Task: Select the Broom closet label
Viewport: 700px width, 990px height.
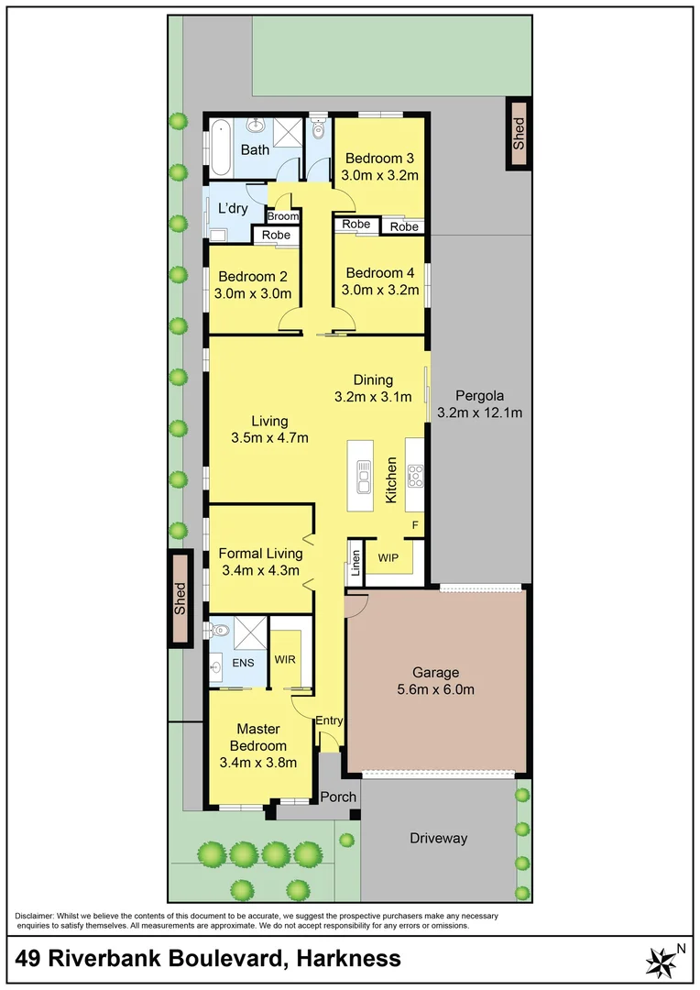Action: click(283, 217)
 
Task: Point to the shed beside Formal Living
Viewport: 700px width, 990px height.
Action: click(180, 598)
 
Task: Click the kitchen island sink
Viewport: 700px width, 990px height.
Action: click(364, 475)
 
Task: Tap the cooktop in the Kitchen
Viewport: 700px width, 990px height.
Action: click(414, 475)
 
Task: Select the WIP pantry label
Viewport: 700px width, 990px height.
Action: click(388, 555)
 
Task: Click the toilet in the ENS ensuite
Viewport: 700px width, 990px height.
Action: click(217, 630)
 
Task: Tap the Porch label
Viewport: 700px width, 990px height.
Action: click(338, 797)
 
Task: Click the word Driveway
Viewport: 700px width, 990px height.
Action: click(438, 838)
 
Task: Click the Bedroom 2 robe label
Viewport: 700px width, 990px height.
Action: click(277, 235)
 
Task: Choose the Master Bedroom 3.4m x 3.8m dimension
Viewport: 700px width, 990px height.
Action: click(258, 761)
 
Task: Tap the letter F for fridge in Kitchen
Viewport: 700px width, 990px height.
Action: click(415, 525)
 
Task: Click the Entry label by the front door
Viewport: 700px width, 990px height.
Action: click(329, 720)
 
